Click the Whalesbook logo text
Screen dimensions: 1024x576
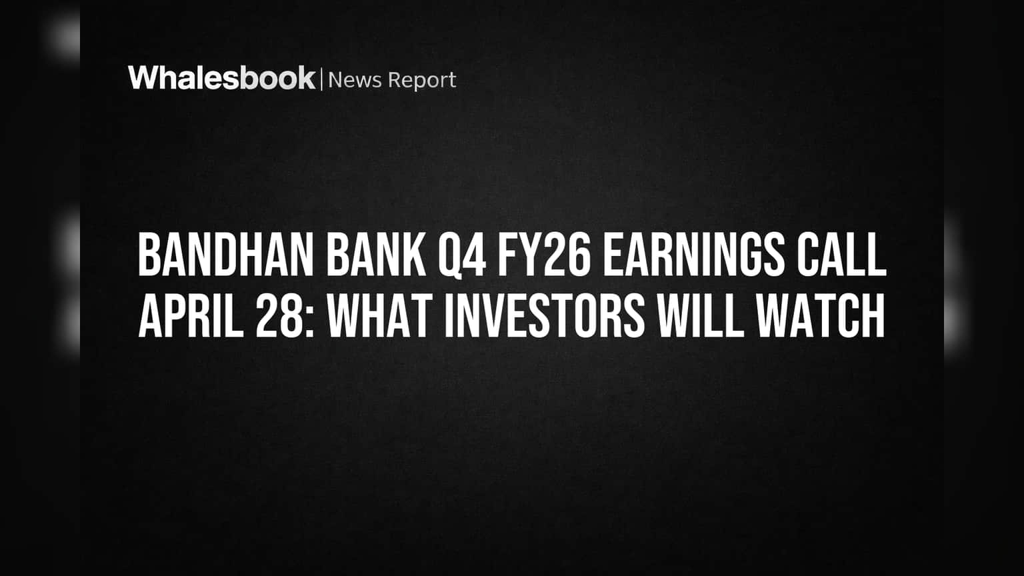(x=222, y=78)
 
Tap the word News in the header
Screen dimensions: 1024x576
(x=355, y=80)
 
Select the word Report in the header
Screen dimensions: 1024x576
(x=422, y=81)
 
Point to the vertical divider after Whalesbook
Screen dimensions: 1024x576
(x=321, y=79)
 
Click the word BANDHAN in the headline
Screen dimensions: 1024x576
(x=226, y=254)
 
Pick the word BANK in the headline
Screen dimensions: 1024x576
(x=376, y=254)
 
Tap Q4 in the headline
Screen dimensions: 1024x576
(x=462, y=255)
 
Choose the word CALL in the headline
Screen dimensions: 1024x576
(x=841, y=254)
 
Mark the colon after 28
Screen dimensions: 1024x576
(x=310, y=322)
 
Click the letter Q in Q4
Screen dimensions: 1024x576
(x=449, y=255)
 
